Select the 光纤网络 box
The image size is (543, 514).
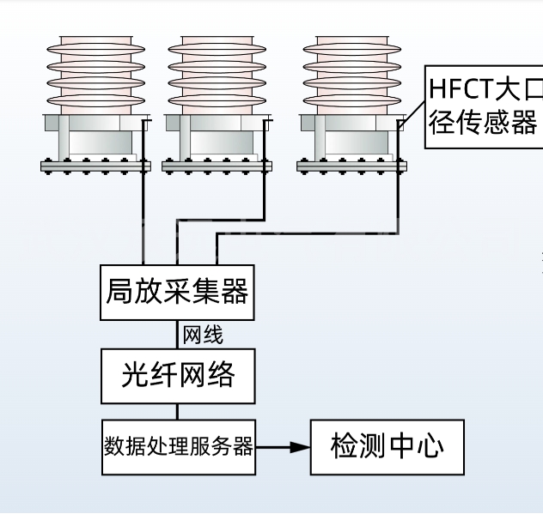pos(178,375)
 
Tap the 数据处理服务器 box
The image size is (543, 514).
pos(178,447)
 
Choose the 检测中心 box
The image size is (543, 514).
pos(387,446)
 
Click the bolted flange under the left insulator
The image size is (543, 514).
pos(95,166)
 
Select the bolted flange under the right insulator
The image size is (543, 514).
pos(351,166)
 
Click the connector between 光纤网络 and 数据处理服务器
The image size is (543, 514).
pos(178,411)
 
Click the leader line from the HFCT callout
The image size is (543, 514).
pos(413,111)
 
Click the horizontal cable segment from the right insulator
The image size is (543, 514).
pos(309,234)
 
